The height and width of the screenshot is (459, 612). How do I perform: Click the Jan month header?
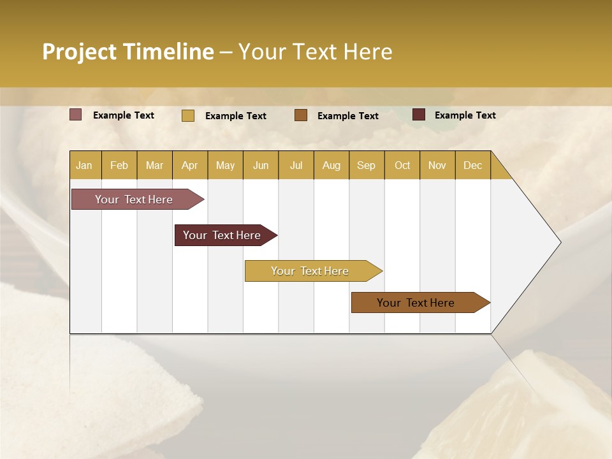84,165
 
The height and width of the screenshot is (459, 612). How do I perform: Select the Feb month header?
119,165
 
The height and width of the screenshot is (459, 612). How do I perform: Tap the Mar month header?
154,165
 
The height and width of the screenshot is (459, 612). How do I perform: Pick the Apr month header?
190,165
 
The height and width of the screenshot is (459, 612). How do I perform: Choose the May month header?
225,165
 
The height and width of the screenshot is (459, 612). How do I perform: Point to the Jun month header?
261,165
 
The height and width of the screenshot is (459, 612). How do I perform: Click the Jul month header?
296,165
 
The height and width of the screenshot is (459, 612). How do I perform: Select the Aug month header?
331,165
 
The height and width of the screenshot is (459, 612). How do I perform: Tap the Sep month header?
367,165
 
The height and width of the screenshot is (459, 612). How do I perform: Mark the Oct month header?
402,165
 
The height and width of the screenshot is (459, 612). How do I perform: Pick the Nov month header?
437,165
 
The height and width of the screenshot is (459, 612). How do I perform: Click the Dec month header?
473,165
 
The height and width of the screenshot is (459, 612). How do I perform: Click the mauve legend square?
76,115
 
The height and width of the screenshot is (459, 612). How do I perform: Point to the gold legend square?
188,115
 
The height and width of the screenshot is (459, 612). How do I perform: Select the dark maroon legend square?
419,115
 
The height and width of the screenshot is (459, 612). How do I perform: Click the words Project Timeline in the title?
128,52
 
